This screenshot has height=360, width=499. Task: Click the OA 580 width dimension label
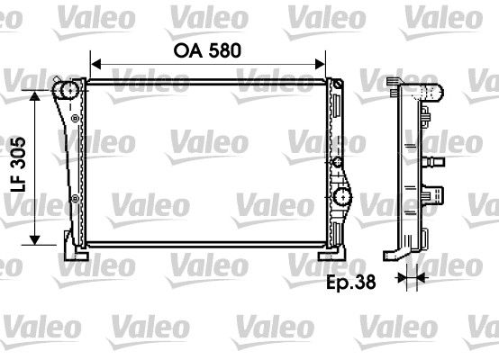[x=207, y=51]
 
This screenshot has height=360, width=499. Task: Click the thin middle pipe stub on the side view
[x=437, y=162]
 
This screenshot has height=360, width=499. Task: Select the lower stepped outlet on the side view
[x=437, y=193]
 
